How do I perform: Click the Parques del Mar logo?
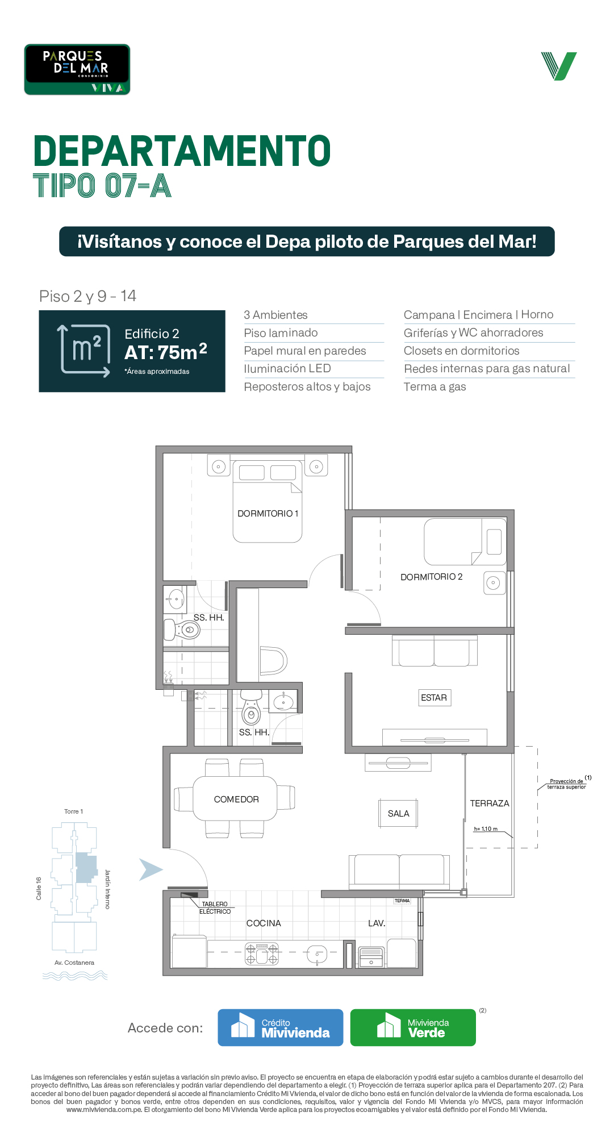[x=77, y=69]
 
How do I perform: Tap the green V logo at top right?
[x=559, y=66]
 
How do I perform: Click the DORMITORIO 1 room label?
[x=268, y=514]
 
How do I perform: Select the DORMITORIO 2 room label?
[x=432, y=577]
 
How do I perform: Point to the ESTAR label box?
[x=434, y=698]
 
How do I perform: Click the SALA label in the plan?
[x=399, y=814]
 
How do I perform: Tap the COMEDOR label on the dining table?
[x=236, y=799]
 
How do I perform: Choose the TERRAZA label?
[x=490, y=803]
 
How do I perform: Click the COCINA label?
[x=264, y=923]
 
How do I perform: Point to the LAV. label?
[x=377, y=923]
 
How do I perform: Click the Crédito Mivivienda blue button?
[x=281, y=1027]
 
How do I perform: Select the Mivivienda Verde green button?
[x=413, y=1027]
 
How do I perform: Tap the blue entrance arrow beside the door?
[x=151, y=869]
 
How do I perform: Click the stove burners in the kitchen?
[x=262, y=954]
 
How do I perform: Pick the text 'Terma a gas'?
[x=435, y=387]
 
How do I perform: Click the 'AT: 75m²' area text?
[x=166, y=352]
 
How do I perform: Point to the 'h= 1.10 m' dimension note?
[x=486, y=829]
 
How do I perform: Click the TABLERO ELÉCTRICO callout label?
[x=215, y=908]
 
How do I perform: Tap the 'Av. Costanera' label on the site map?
[x=74, y=963]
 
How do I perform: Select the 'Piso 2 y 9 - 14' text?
[x=88, y=296]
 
